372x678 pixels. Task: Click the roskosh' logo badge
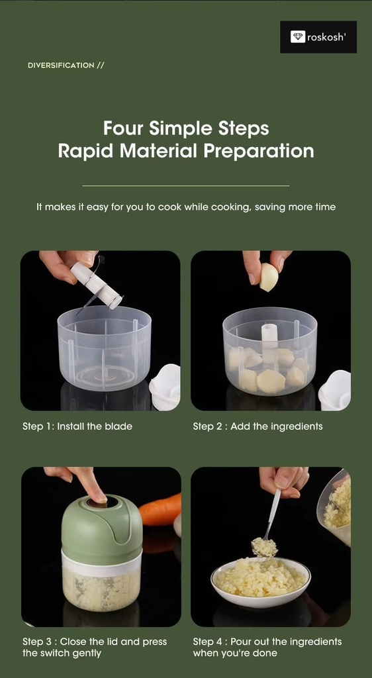pos(318,37)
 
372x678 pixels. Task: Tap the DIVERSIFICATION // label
pos(66,65)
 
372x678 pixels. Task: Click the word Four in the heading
pos(123,127)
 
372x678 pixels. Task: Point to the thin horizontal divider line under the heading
pos(185,185)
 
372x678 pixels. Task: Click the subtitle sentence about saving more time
pos(185,207)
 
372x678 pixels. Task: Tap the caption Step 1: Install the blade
pos(77,426)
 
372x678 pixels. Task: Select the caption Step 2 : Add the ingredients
pos(257,426)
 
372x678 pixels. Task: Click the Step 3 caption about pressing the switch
pos(95,647)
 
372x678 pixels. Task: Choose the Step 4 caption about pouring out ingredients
pos(267,647)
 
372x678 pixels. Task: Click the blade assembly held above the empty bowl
pos(97,283)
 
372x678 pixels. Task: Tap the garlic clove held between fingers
pos(269,277)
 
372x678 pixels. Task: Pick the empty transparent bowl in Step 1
pos(104,348)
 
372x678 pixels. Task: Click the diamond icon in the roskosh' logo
pos(298,37)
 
